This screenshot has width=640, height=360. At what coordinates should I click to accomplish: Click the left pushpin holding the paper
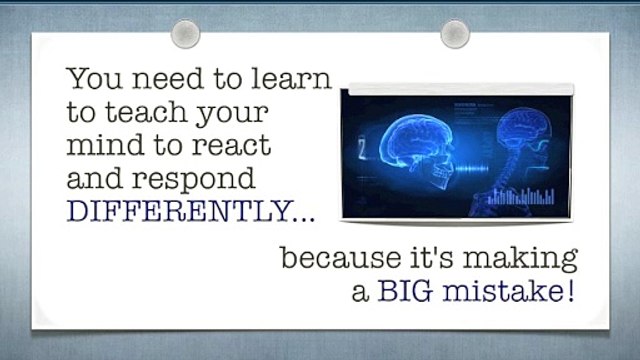point(185,34)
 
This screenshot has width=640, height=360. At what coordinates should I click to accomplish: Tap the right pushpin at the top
point(455,34)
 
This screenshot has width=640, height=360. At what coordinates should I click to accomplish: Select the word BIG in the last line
point(405,291)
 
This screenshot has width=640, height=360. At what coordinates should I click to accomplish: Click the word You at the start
point(95,78)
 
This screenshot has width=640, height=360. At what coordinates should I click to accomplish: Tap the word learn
point(291,78)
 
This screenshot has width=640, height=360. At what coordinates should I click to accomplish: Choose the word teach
point(147,111)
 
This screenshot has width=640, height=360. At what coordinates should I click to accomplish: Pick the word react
point(232,144)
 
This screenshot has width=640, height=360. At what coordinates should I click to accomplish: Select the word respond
point(193,180)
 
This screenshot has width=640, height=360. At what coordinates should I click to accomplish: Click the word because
point(341,257)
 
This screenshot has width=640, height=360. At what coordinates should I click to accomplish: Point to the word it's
point(432,257)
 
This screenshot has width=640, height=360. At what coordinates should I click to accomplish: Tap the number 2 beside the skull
point(362,149)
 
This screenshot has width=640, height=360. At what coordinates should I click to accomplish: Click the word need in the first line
point(168,78)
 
